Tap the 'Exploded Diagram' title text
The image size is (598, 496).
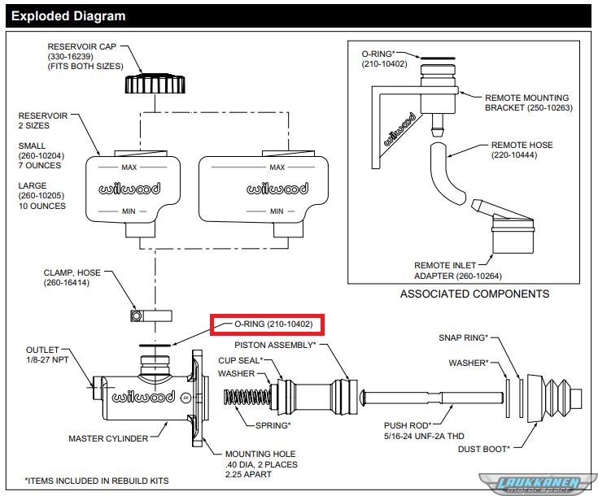(x=69, y=15)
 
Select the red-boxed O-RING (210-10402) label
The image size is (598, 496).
(x=268, y=324)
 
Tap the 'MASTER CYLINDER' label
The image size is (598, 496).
(x=108, y=439)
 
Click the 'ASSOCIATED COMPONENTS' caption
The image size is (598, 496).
(x=474, y=294)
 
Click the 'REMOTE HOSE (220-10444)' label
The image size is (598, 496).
(x=522, y=150)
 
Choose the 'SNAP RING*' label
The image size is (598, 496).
(x=463, y=337)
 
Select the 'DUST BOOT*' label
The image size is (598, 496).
(x=484, y=448)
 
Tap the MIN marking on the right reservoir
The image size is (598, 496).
(x=277, y=211)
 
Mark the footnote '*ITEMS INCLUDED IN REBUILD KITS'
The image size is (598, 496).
(x=97, y=481)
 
